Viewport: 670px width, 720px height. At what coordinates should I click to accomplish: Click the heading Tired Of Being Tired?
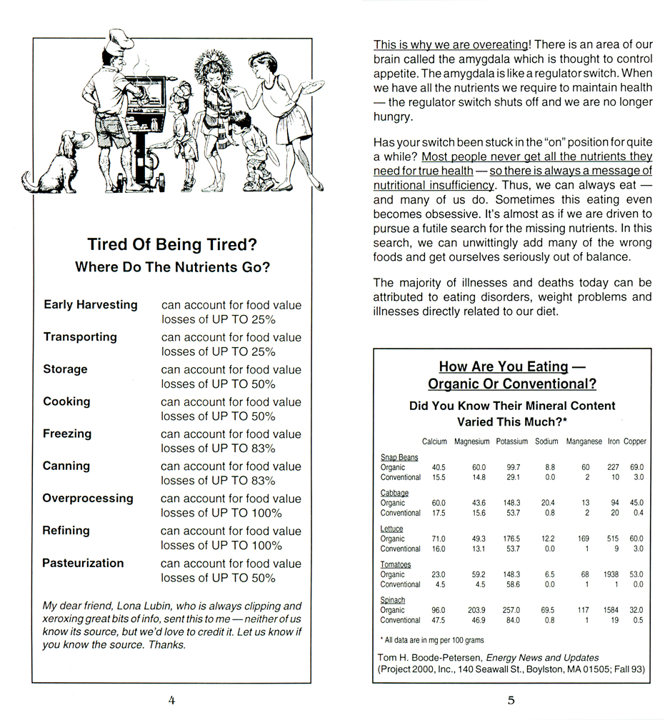pyautogui.click(x=171, y=244)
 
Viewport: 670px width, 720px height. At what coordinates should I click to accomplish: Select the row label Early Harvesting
pyautogui.click(x=91, y=305)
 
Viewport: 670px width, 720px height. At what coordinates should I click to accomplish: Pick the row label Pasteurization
pyautogui.click(x=83, y=563)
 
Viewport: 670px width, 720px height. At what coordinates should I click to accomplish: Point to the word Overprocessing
pyautogui.click(x=88, y=499)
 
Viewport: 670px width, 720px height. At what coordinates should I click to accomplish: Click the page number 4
pyautogui.click(x=171, y=700)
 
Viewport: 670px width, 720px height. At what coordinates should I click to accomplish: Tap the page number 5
pyautogui.click(x=511, y=700)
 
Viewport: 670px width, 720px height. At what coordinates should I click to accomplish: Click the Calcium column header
pyautogui.click(x=435, y=441)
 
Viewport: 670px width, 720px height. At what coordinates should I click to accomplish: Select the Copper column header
pyautogui.click(x=634, y=441)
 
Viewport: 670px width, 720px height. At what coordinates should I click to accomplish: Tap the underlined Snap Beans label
pyautogui.click(x=399, y=457)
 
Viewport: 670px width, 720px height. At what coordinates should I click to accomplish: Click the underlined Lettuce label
pyautogui.click(x=391, y=529)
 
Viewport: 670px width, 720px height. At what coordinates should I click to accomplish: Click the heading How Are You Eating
pyautogui.click(x=503, y=366)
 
